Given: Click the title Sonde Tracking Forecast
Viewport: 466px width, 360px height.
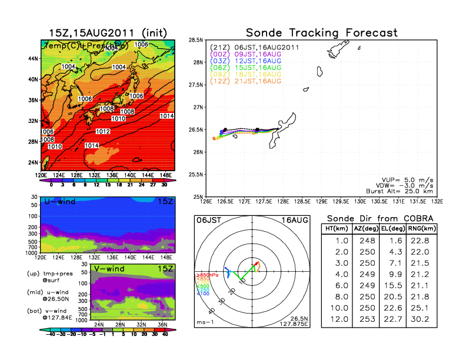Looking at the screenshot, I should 321,32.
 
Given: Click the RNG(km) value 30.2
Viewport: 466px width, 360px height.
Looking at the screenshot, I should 421,320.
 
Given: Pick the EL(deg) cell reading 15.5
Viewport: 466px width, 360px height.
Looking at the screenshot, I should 392,286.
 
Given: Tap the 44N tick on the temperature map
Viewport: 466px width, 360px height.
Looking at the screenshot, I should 33,59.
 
